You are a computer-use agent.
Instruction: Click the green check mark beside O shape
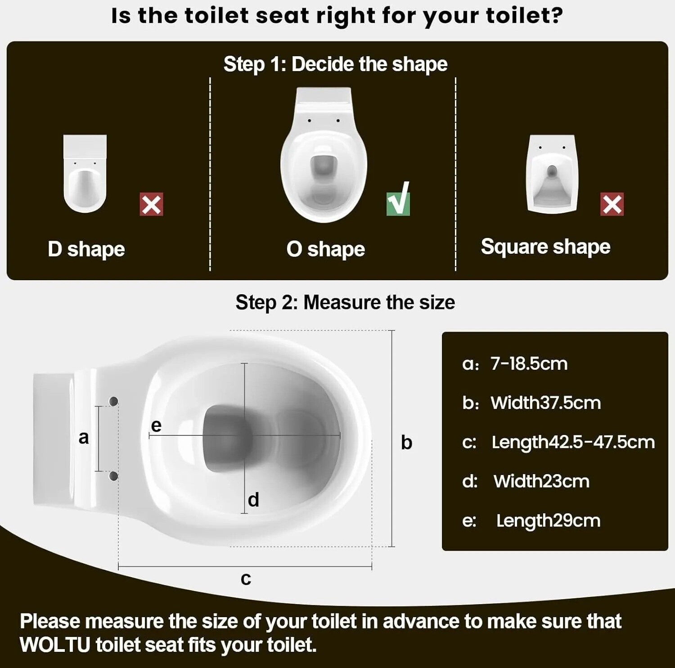point(398,200)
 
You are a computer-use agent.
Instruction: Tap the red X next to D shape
point(151,205)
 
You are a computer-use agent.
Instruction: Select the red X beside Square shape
point(612,205)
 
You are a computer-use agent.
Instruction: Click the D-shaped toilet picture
point(85,174)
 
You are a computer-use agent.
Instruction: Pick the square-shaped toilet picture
point(552,174)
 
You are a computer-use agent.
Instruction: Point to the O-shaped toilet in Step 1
point(324,155)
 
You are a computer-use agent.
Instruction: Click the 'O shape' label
point(326,249)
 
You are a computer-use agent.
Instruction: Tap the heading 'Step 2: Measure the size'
point(345,302)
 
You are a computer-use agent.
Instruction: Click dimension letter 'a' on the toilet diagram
point(84,438)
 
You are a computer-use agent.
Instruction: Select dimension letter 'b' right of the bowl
point(406,442)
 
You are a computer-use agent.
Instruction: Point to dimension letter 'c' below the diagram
point(246,578)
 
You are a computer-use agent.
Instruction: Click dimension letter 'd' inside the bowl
point(253,499)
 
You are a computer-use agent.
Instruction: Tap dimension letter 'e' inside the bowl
point(156,426)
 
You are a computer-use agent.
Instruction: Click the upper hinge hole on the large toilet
point(113,401)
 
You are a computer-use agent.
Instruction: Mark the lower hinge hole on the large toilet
point(113,476)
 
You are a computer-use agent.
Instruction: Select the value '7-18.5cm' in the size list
point(529,363)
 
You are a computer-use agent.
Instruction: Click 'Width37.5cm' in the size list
point(545,403)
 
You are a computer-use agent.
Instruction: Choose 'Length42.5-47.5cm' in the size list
point(573,442)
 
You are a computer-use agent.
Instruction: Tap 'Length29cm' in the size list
point(548,520)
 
